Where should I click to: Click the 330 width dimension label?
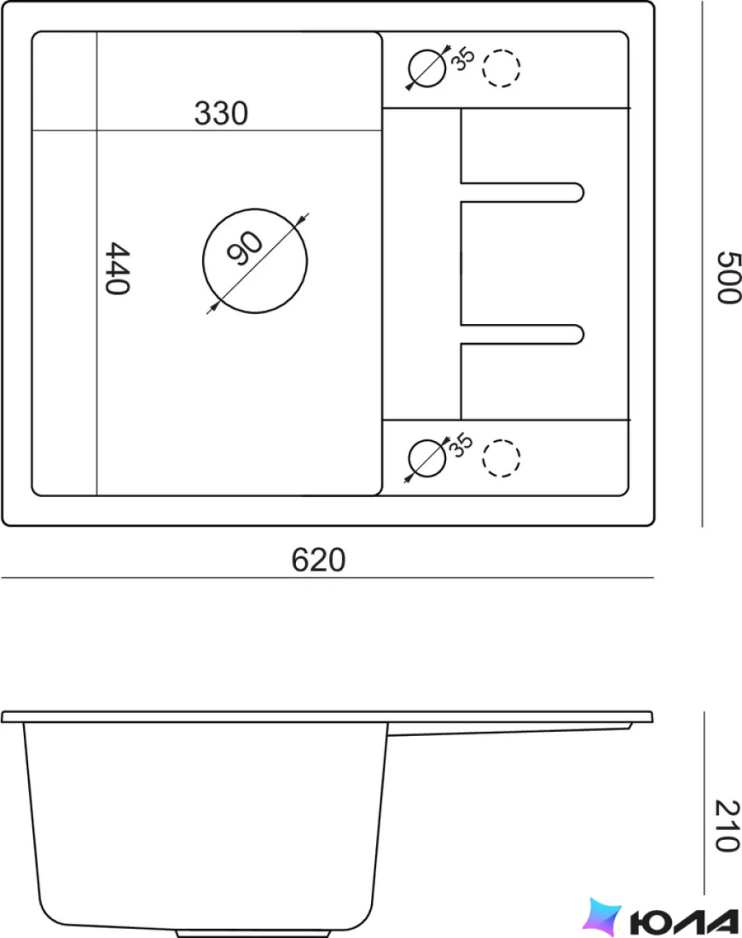pyautogui.click(x=221, y=113)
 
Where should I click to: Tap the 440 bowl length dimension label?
pyautogui.click(x=118, y=268)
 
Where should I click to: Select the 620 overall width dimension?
pyautogui.click(x=318, y=560)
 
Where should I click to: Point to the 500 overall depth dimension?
pyautogui.click(x=729, y=278)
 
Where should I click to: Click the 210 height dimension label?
pyautogui.click(x=728, y=825)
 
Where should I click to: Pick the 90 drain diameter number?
pyautogui.click(x=244, y=247)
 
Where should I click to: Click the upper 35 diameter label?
pyautogui.click(x=462, y=58)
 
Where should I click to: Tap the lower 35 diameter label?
pyautogui.click(x=461, y=446)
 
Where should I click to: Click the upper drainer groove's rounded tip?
pyautogui.click(x=583, y=192)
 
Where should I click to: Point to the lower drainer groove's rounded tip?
pyautogui.click(x=583, y=334)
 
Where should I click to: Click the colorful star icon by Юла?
pyautogui.click(x=602, y=917)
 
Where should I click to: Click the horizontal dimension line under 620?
pyautogui.click(x=328, y=578)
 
